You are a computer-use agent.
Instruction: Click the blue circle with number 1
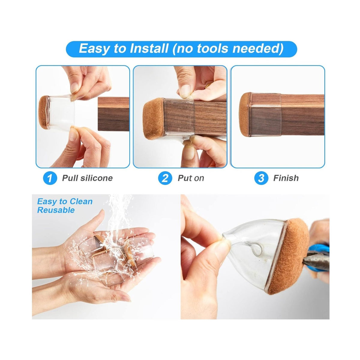tap(50, 178)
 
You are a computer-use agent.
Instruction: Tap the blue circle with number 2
tap(165, 178)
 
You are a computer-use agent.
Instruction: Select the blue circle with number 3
tap(261, 178)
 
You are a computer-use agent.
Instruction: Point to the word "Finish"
tap(286, 178)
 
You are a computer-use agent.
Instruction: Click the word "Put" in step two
tap(184, 178)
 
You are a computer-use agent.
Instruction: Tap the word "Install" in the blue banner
tap(149, 48)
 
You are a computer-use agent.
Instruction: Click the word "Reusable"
tap(56, 210)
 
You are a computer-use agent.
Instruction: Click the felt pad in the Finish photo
tap(245, 114)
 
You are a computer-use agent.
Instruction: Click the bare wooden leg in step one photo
tap(114, 114)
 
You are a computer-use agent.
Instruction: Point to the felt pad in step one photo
tap(43, 113)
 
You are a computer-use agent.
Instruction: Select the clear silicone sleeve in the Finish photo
tap(266, 114)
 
